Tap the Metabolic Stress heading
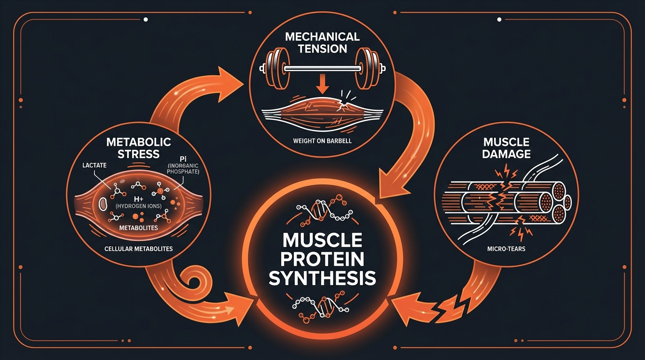(x=138, y=148)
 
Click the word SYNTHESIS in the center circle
(x=322, y=278)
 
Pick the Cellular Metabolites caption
(x=139, y=249)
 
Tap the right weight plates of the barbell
(x=370, y=68)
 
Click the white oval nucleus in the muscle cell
(x=103, y=204)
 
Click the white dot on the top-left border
(x=146, y=20)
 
